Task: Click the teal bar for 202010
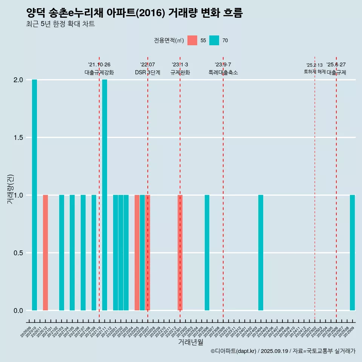(34, 195)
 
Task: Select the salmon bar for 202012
(45, 253)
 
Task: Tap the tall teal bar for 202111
(104, 195)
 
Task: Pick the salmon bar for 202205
(137, 253)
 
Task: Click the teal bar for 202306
(207, 253)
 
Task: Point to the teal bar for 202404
(261, 253)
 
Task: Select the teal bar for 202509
(352, 253)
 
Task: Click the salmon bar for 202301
(180, 253)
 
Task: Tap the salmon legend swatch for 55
(192, 40)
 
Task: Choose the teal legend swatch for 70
(214, 40)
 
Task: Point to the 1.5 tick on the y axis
(18, 138)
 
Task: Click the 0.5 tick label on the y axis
(18, 253)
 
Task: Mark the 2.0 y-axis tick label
(18, 80)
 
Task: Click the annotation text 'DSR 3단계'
(147, 72)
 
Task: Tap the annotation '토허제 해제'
(314, 72)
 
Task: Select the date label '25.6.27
(336, 65)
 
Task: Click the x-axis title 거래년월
(190, 342)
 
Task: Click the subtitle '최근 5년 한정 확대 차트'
(60, 24)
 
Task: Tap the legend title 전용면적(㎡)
(169, 40)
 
